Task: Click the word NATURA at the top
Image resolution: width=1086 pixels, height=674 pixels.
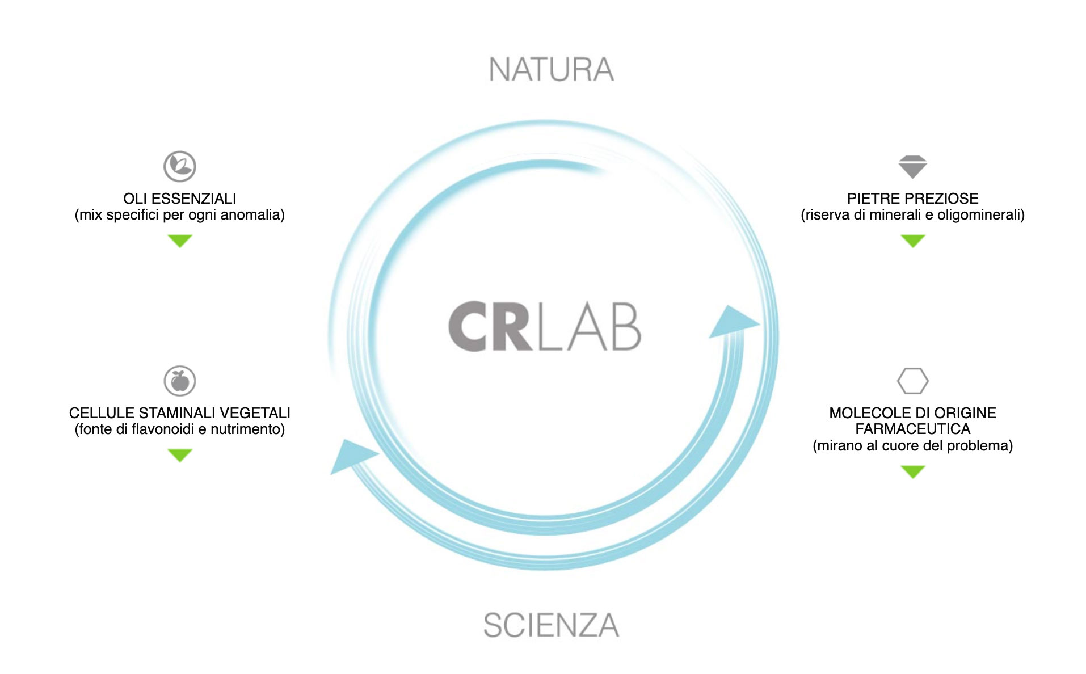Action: [x=551, y=69]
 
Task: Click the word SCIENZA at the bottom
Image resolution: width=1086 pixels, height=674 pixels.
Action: [x=551, y=625]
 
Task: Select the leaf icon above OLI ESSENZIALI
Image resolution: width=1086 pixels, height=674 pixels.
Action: [x=180, y=166]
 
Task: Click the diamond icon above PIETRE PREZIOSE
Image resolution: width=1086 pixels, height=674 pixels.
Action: [x=912, y=166]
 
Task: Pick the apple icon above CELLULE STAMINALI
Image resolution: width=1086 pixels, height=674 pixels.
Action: [x=180, y=381]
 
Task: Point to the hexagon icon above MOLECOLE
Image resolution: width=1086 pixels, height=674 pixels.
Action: [x=912, y=381]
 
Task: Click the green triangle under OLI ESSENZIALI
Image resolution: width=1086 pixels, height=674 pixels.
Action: [x=180, y=241]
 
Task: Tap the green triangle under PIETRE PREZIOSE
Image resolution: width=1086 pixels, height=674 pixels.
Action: [x=912, y=241]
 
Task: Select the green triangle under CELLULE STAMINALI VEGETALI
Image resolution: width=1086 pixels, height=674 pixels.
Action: [x=180, y=455]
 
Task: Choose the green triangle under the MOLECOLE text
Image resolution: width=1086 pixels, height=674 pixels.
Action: [x=912, y=471]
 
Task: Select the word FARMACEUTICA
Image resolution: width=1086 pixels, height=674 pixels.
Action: [x=912, y=429]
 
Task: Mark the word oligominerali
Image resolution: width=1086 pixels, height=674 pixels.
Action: [x=980, y=215]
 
